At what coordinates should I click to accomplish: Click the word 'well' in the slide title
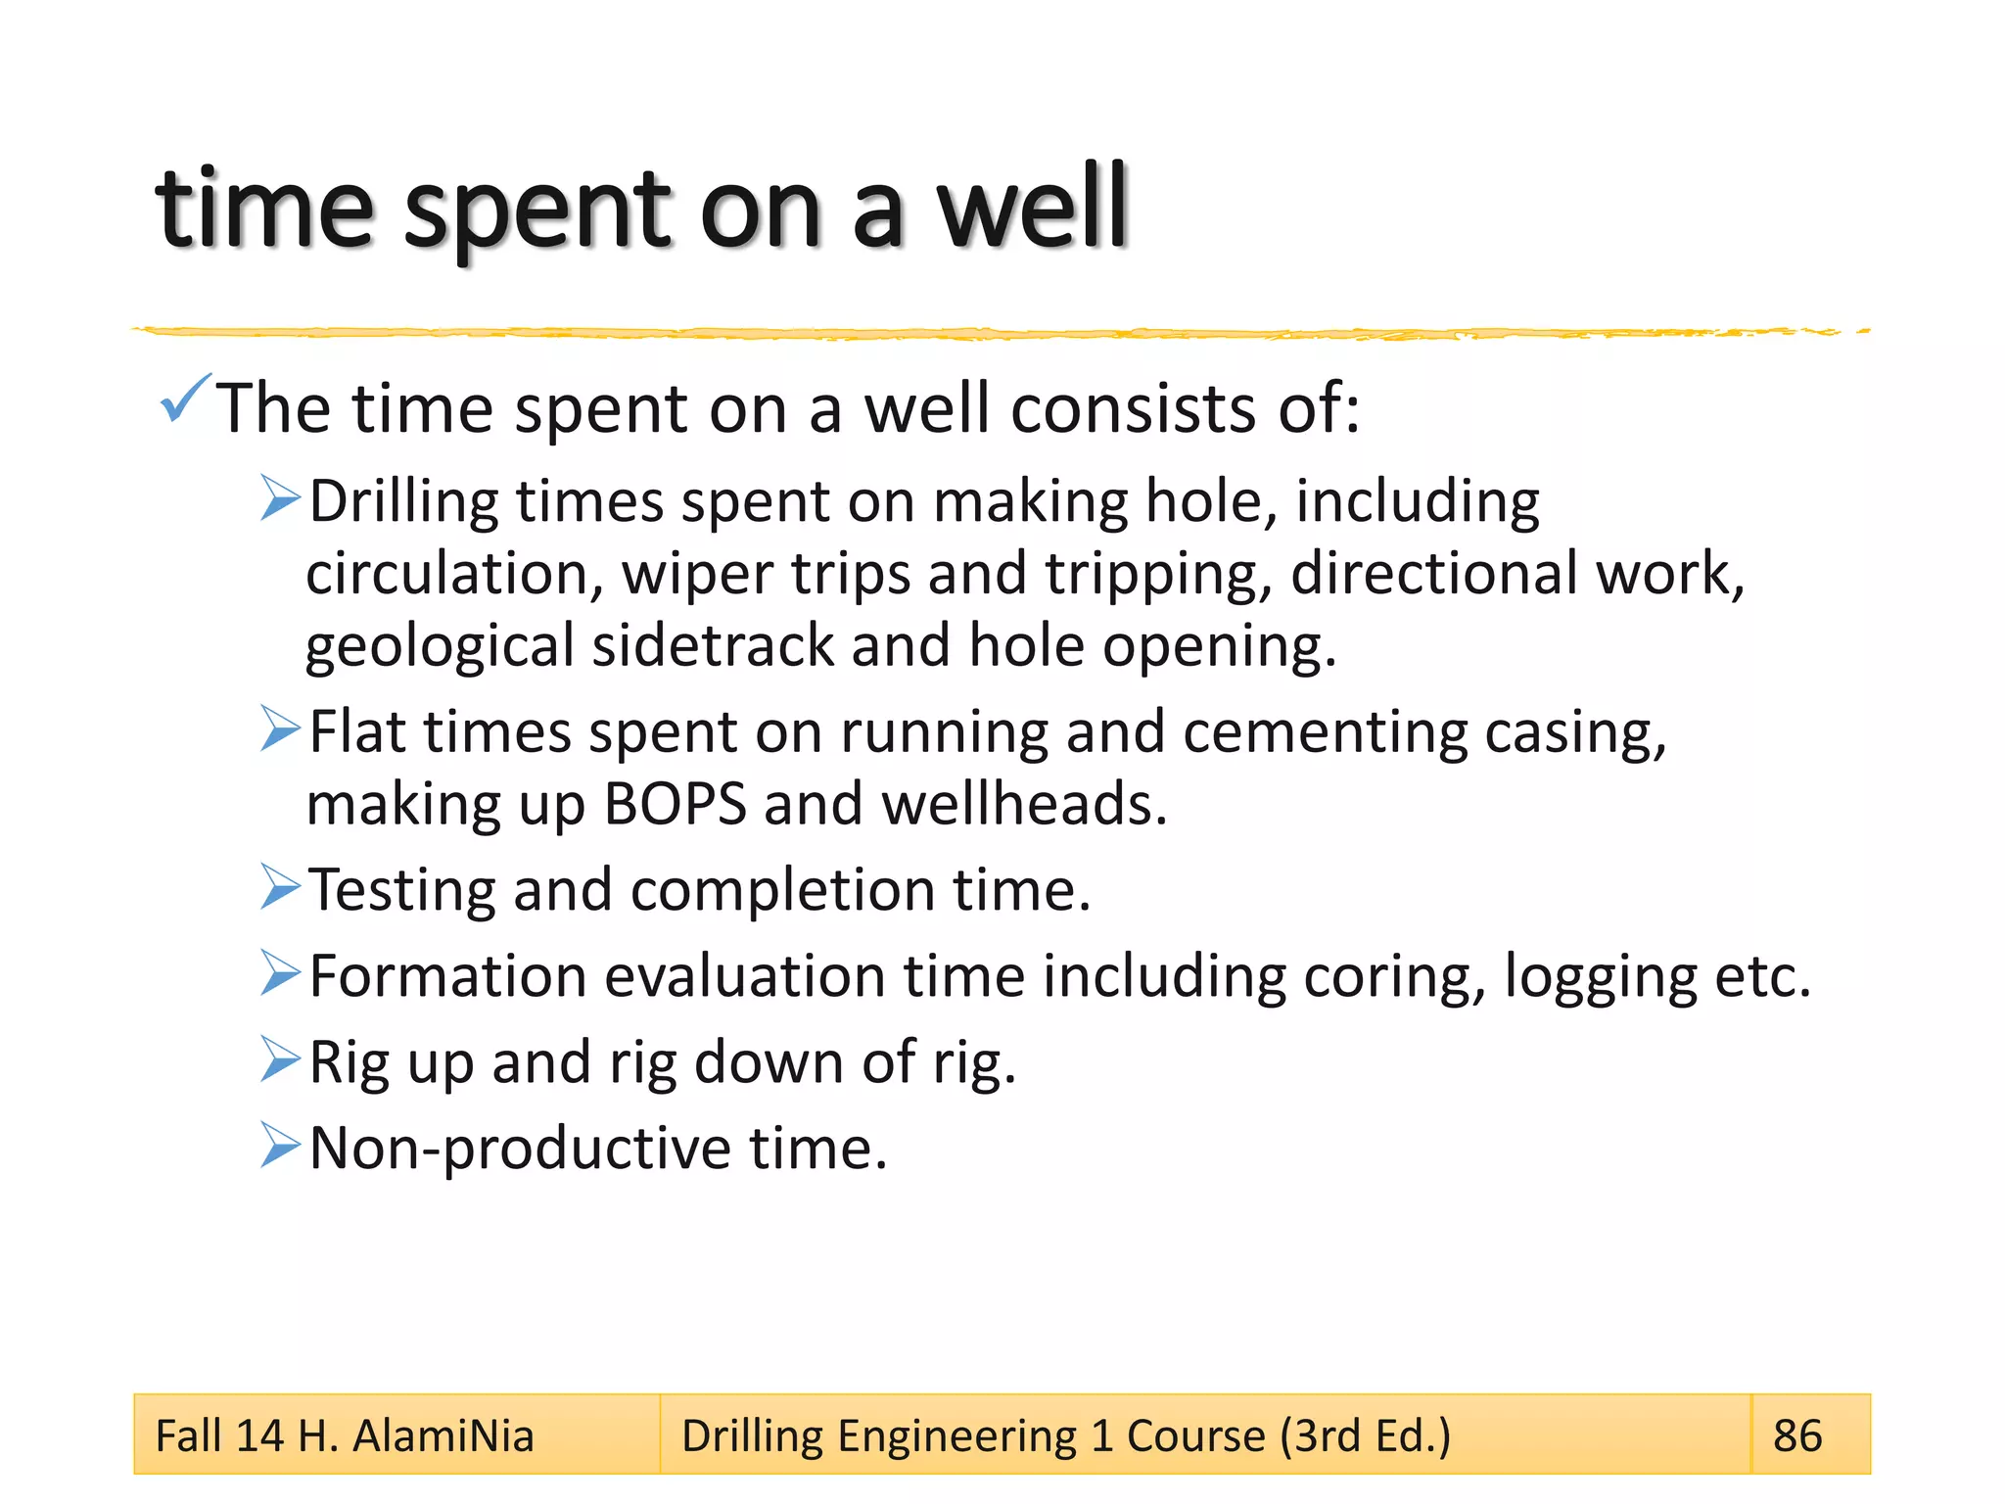(1033, 209)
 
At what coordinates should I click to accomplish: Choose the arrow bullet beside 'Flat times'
(280, 728)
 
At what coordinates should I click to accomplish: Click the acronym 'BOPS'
(675, 805)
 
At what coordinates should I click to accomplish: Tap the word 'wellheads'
(1024, 805)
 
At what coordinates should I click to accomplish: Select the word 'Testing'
(402, 891)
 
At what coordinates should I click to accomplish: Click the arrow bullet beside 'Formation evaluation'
(280, 973)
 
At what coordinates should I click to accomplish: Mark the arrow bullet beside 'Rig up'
(280, 1059)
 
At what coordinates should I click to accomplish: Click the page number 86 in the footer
(1797, 1436)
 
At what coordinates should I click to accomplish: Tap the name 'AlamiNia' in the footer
(443, 1436)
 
